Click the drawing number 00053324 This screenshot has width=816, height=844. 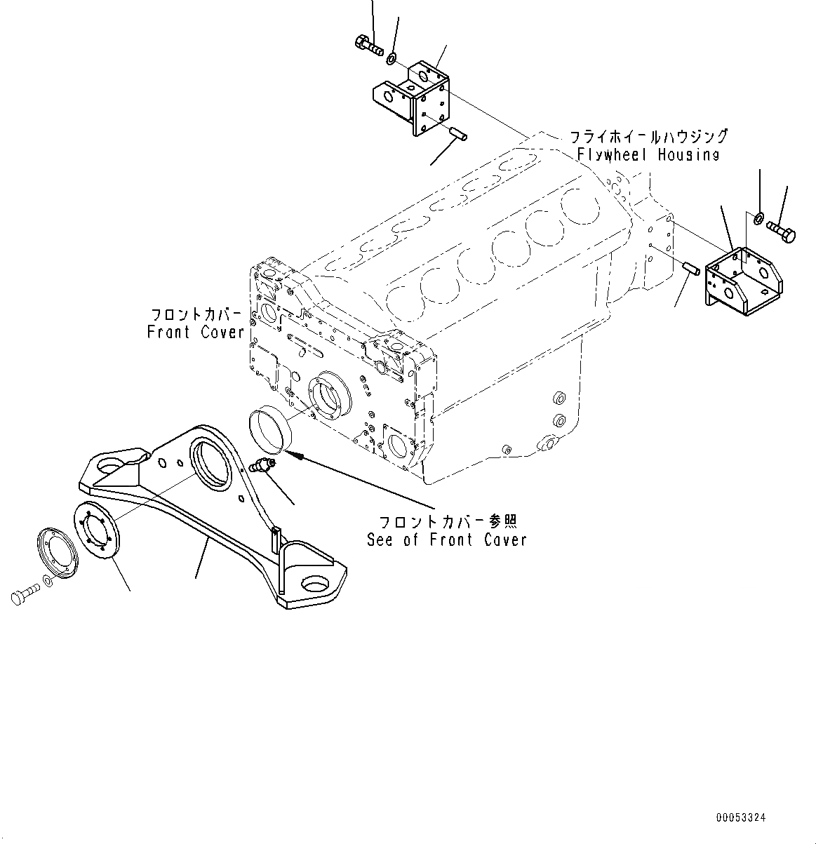point(741,817)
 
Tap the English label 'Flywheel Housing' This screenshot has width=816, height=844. point(648,155)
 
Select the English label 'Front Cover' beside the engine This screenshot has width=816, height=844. point(196,332)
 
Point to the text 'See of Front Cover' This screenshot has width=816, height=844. point(446,540)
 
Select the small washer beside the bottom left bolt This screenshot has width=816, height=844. point(47,580)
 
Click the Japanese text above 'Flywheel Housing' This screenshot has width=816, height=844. point(647,136)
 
